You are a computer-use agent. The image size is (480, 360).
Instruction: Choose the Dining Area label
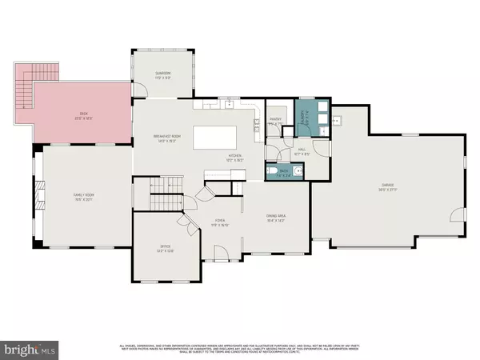[x=276, y=217]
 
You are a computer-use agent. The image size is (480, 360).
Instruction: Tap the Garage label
[x=390, y=189]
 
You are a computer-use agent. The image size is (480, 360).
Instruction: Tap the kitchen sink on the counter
[x=229, y=103]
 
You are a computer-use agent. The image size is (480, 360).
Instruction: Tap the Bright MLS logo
[x=30, y=349]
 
